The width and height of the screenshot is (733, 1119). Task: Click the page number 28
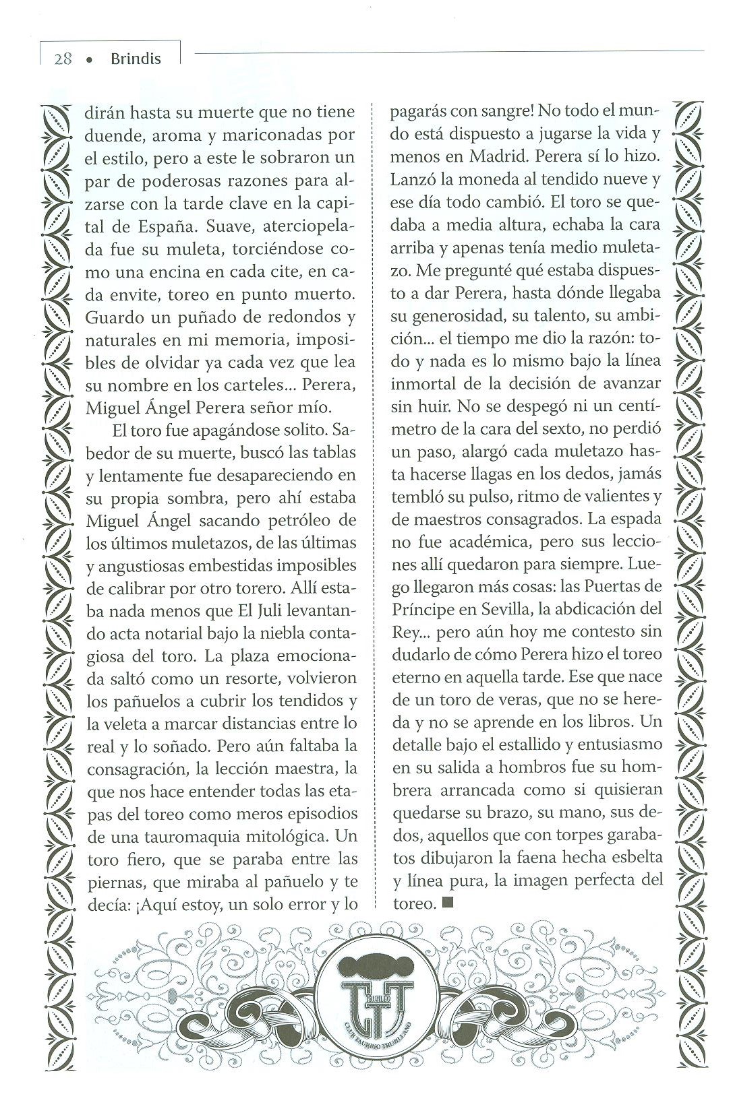[63, 59]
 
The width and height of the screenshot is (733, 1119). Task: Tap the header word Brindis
[136, 59]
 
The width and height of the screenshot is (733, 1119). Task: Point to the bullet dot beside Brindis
[89, 60]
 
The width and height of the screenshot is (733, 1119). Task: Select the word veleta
[125, 724]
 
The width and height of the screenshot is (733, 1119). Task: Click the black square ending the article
[448, 904]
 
